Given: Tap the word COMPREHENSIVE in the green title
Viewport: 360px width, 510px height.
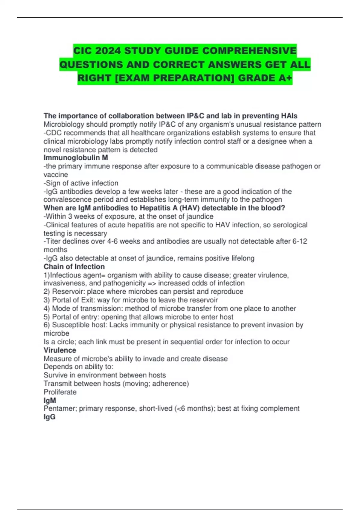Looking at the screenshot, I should [x=249, y=51].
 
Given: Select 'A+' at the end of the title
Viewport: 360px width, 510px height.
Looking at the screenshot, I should [x=285, y=78].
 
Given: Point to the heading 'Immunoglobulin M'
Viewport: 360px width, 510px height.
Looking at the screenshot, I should [x=76, y=158].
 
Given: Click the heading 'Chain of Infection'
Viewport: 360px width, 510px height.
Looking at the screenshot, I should [x=74, y=267].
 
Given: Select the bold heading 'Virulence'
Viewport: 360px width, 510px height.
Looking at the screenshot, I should [x=60, y=350].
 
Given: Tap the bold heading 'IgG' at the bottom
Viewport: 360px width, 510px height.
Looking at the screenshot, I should [x=49, y=417].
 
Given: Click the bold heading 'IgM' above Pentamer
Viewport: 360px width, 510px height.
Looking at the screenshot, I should [x=50, y=400].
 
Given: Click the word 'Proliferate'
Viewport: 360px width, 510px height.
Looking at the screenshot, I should [x=60, y=392].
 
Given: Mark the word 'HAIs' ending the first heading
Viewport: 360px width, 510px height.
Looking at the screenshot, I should [x=289, y=116].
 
